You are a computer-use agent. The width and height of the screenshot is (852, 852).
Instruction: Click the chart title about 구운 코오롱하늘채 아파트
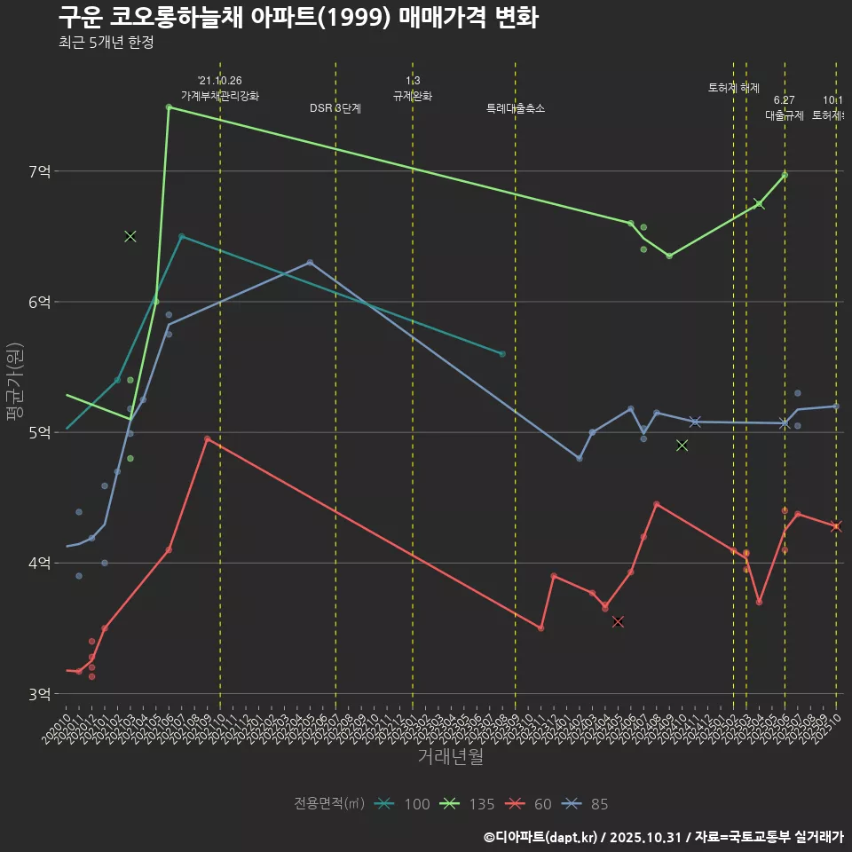pos(298,18)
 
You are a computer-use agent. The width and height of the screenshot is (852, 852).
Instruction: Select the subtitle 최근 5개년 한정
pos(106,43)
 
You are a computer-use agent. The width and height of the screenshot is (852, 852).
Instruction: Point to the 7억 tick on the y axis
pos(38,170)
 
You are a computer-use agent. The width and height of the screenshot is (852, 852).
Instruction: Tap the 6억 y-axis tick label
pos(38,302)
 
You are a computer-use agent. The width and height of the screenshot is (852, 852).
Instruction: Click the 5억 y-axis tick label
pos(38,432)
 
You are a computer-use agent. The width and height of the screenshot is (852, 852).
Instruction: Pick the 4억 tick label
pos(38,563)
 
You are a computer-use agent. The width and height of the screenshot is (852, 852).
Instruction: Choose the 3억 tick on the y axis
pos(38,693)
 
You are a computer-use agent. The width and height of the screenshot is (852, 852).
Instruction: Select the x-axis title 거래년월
pos(451,757)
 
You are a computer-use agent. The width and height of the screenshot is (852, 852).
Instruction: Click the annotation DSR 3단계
pos(335,108)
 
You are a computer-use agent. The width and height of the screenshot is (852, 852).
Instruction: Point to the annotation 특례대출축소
pos(516,108)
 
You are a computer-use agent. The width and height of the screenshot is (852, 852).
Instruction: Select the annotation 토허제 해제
pos(734,88)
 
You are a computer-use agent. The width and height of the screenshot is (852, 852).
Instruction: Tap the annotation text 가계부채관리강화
pos(220,96)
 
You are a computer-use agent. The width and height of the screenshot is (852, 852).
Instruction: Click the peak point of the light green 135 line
pos(169,106)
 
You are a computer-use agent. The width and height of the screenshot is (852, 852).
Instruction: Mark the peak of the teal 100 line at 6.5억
pos(181,236)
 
